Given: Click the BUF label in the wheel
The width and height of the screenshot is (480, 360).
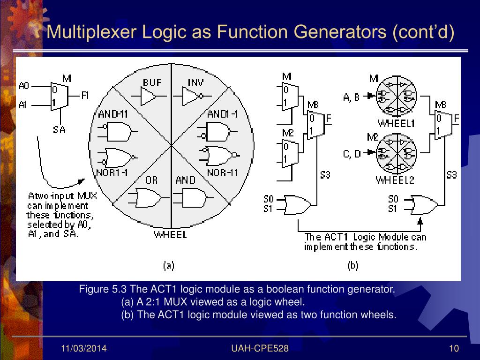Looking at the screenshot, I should [152, 82].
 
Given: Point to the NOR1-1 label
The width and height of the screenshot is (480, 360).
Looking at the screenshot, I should [113, 172].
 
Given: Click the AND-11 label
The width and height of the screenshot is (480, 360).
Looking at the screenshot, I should [113, 113].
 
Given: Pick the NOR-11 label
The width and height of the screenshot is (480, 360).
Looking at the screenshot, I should [222, 173].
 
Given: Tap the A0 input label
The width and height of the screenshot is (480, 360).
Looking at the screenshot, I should [24, 86].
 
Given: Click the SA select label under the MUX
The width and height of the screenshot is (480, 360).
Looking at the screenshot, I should [59, 130].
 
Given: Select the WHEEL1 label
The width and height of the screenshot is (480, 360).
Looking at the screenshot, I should [396, 124].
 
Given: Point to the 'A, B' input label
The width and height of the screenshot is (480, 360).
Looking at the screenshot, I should [352, 97].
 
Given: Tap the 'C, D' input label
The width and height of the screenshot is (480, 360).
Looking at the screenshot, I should [352, 153].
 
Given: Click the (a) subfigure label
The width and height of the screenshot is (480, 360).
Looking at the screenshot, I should [168, 266].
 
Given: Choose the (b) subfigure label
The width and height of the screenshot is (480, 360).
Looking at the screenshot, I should [352, 266].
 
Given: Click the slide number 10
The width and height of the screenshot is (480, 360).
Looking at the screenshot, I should [453, 348].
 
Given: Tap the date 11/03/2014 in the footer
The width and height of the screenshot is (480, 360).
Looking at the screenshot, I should [84, 348].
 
